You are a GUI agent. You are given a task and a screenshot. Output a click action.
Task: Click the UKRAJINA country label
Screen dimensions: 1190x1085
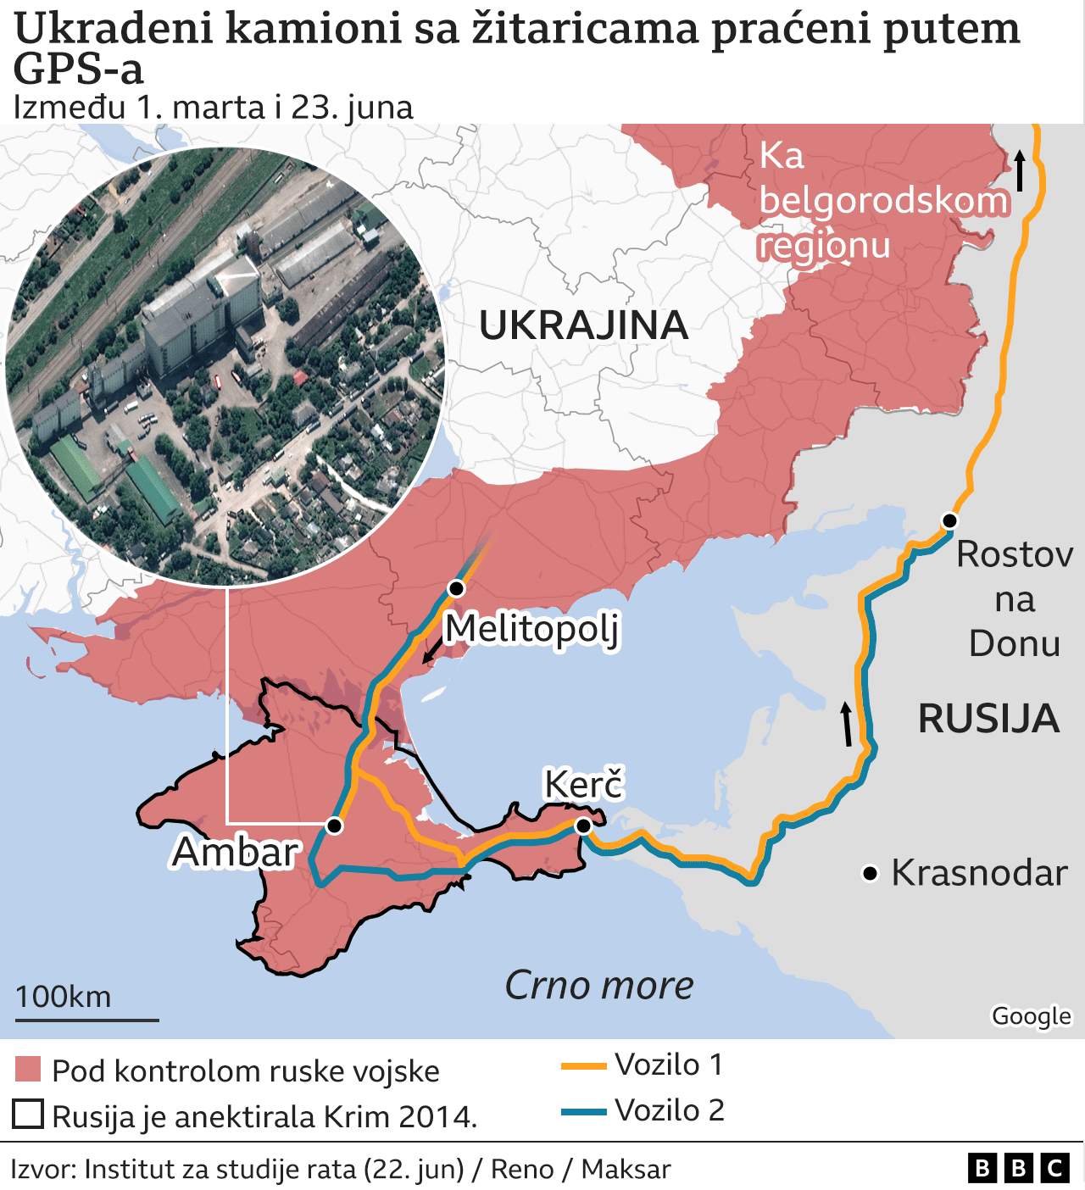click(583, 325)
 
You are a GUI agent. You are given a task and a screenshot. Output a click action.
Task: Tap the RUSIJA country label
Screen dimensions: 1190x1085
click(988, 719)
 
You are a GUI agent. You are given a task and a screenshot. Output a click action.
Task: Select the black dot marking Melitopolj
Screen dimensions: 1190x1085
click(457, 588)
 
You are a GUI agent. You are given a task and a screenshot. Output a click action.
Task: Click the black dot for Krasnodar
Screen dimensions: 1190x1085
click(870, 873)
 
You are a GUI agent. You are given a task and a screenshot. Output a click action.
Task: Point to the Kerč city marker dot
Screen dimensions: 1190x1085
click(583, 826)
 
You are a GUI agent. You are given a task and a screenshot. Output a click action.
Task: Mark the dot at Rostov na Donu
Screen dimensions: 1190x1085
click(950, 521)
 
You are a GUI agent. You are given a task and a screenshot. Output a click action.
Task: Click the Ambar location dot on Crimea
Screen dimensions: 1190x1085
click(335, 826)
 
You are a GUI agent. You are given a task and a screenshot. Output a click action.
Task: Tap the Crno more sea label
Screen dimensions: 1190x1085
click(599, 986)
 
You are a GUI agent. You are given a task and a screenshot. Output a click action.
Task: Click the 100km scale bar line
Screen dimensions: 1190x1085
click(86, 1020)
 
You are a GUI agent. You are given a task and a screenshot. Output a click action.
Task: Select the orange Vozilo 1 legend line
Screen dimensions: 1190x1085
click(584, 1066)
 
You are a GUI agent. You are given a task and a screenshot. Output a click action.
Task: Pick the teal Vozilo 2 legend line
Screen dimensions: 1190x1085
click(584, 1112)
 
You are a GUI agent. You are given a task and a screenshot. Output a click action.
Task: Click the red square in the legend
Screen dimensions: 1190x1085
click(28, 1070)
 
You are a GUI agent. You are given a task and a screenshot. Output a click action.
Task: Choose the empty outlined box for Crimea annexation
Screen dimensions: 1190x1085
click(28, 1115)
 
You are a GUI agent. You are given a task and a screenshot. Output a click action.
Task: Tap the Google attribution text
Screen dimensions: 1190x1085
click(1031, 1015)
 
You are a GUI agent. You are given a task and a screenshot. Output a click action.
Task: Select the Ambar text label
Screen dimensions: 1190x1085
click(236, 852)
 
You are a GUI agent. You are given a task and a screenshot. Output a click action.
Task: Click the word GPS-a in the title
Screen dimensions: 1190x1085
click(79, 70)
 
